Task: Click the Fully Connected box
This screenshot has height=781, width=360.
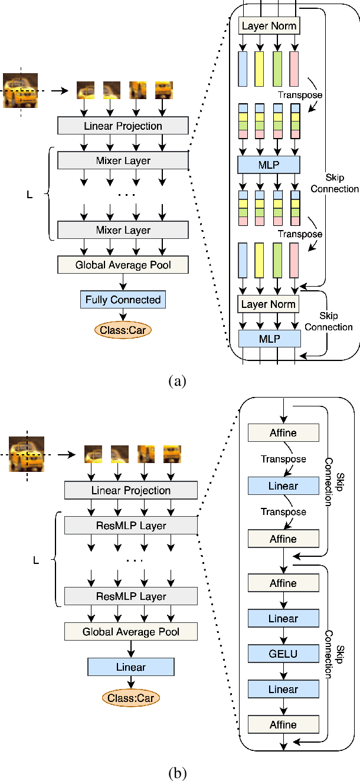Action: click(123, 300)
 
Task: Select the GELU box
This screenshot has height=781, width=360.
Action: click(283, 654)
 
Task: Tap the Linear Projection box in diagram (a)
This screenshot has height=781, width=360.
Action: click(123, 126)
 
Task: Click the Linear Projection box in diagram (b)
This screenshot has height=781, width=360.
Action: click(131, 490)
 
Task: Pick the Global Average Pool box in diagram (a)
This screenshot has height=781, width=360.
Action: click(123, 265)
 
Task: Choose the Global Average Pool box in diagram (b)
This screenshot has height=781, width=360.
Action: click(131, 632)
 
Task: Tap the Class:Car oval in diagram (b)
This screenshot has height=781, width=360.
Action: click(131, 698)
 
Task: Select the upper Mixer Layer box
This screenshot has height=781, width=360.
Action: click(123, 160)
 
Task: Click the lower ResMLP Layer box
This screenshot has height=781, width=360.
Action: click(131, 596)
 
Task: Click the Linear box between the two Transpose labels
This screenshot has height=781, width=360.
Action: click(283, 486)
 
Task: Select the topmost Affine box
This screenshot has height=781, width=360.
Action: click(283, 433)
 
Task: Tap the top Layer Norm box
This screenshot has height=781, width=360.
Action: click(269, 26)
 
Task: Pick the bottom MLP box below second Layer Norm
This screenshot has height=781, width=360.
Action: click(269, 339)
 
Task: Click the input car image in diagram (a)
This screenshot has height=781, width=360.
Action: click(21, 90)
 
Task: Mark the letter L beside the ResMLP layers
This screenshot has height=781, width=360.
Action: click(35, 561)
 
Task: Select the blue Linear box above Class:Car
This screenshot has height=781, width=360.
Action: click(131, 667)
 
